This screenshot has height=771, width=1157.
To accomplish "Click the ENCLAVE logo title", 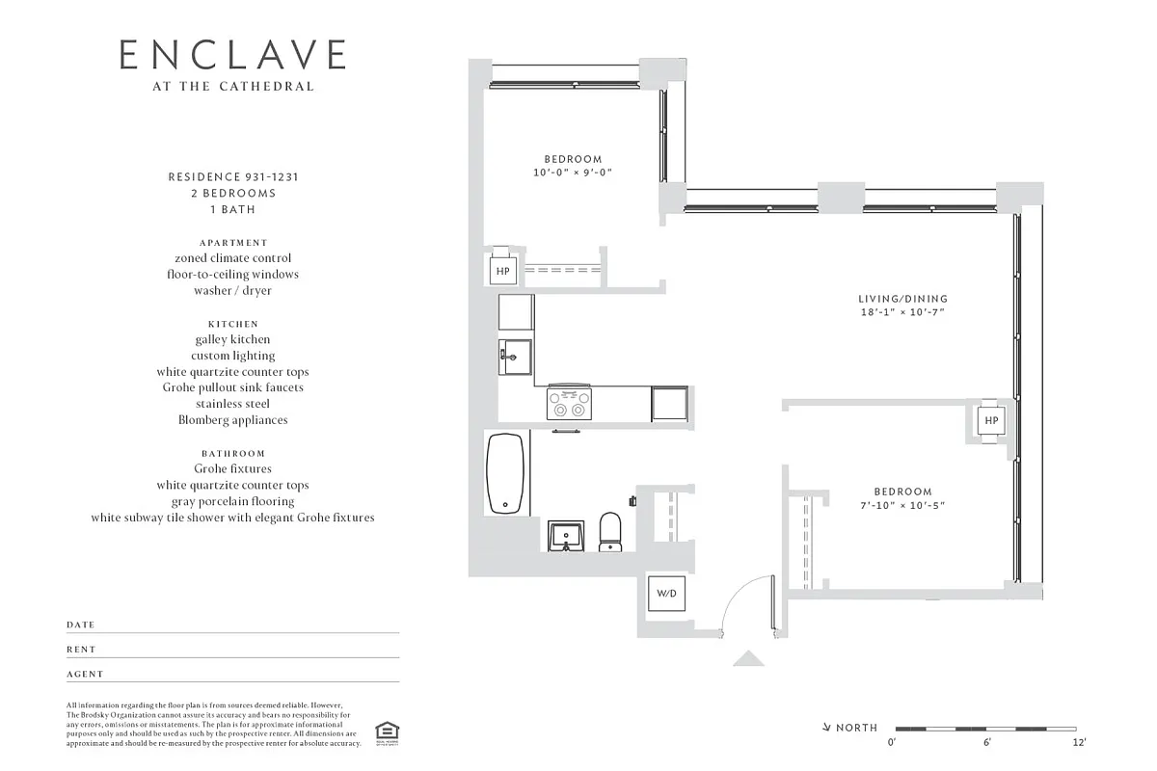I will (231, 55).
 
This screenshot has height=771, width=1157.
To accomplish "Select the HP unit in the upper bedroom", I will (502, 272).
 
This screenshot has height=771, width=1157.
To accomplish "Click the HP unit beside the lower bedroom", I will (990, 421).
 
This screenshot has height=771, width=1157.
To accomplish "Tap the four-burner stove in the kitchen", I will (569, 402).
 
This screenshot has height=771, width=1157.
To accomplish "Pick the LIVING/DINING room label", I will (902, 299).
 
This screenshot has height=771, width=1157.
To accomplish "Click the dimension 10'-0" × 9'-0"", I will (573, 173).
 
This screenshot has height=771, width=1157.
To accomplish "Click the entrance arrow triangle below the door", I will (748, 658).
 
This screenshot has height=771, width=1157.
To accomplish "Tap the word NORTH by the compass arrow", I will (856, 728).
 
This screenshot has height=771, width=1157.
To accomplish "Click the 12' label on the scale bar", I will (1079, 742).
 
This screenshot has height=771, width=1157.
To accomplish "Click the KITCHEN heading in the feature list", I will (232, 324).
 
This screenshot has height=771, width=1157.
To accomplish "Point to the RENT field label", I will (81, 650).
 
